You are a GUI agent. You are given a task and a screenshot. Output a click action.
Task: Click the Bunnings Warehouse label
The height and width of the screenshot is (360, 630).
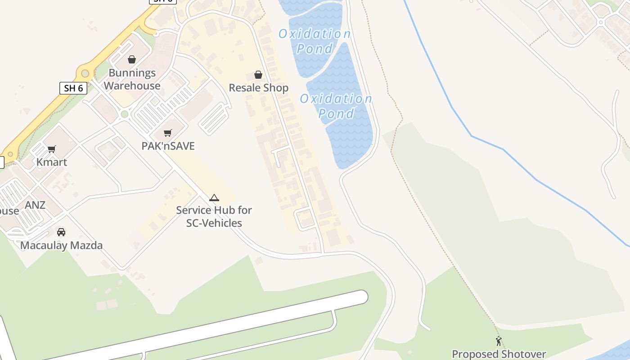point(132,79)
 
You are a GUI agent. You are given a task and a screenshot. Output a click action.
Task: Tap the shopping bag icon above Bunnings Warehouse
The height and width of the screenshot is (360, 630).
point(132,59)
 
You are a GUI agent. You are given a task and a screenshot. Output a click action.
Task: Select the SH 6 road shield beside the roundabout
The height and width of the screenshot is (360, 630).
point(73,88)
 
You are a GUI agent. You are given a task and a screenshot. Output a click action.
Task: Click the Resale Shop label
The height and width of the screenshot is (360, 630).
point(258,88)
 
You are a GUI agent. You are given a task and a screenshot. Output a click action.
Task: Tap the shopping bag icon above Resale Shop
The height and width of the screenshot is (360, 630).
point(258,74)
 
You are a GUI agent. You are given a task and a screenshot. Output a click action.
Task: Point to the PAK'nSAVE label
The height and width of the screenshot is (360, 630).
point(168,146)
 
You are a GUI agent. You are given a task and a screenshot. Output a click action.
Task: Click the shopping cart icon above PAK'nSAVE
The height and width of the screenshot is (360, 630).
point(168,133)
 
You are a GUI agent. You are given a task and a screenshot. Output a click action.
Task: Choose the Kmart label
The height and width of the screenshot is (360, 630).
point(52,162)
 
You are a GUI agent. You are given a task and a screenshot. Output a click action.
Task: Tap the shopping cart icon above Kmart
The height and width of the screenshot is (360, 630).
point(52,149)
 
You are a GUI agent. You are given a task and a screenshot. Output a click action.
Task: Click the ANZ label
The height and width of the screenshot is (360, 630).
point(35,205)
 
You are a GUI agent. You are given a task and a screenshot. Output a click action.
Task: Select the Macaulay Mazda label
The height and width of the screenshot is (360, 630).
point(61,245)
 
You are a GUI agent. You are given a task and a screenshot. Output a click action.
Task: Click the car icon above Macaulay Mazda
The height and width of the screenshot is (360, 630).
point(61,232)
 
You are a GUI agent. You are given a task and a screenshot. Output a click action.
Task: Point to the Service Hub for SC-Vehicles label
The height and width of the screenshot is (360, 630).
point(214,216)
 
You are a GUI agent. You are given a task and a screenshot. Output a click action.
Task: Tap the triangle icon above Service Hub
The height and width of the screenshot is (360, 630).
point(214,198)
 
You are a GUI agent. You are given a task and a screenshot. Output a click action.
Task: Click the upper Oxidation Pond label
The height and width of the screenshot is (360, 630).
point(315,41)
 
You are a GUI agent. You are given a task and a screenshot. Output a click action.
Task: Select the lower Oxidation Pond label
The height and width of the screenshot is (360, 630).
point(336,106)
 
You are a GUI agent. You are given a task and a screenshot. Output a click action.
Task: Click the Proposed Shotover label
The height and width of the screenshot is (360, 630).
point(499,354)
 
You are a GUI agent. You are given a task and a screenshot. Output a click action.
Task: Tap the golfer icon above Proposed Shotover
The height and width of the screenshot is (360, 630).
point(499,341)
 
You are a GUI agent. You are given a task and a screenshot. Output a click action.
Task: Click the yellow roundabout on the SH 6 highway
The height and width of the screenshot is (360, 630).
point(85,72)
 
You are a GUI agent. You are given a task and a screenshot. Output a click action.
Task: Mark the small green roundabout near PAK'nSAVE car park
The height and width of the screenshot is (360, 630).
point(125,114)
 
